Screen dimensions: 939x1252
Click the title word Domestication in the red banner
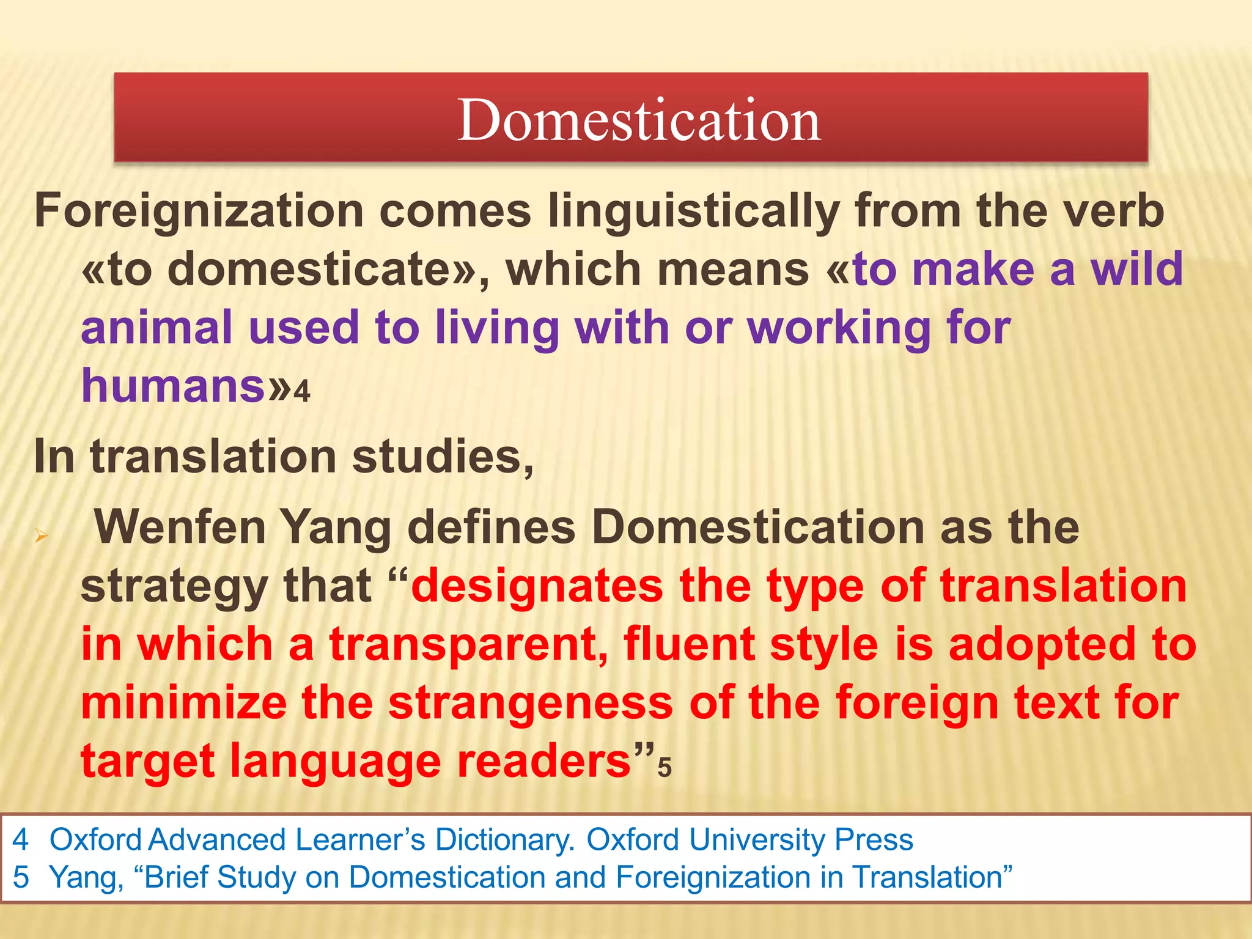tap(639, 120)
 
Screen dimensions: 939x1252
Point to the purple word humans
tap(174, 386)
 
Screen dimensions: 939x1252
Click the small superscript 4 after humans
tap(302, 391)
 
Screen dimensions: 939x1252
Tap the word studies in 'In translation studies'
tap(443, 456)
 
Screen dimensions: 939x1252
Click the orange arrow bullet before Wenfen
tap(41, 537)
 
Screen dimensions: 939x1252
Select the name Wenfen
tap(180, 527)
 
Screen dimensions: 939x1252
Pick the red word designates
tap(537, 586)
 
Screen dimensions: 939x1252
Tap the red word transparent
tap(468, 644)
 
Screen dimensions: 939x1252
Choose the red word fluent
tap(689, 644)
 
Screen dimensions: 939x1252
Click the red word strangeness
tap(531, 703)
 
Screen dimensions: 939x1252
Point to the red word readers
tap(544, 762)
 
